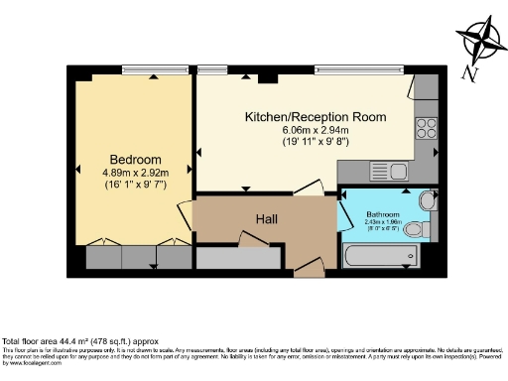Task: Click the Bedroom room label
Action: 136,160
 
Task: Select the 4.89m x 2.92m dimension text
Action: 136,173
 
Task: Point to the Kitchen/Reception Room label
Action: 316,116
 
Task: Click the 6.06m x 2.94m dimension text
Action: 317,129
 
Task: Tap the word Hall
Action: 266,218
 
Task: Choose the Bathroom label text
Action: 382,214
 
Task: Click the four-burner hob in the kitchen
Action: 428,127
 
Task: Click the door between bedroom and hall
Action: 186,212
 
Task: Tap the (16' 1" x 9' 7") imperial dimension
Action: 136,186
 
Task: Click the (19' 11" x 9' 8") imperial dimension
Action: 317,142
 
